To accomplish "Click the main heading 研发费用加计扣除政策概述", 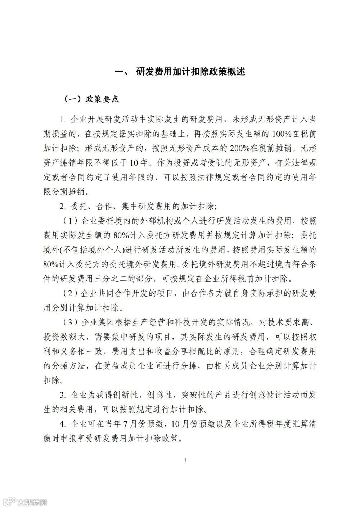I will click(x=191, y=72).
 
